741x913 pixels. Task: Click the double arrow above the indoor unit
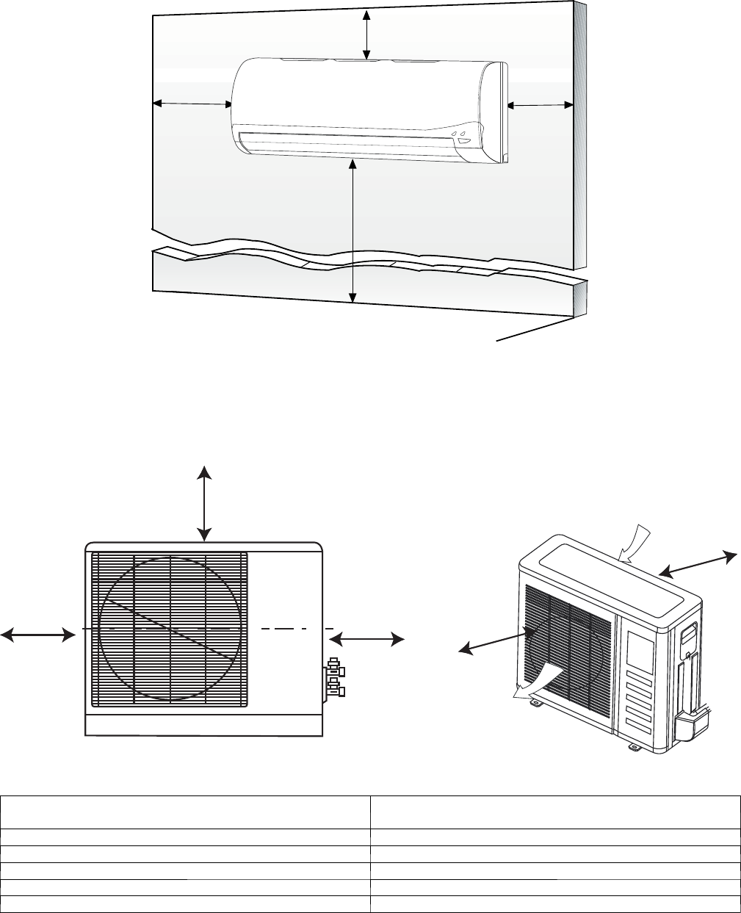pos(367,34)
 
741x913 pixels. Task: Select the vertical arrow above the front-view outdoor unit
pos(204,502)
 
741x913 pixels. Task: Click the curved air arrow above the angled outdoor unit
pos(635,544)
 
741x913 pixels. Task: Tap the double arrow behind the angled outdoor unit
pos(696,563)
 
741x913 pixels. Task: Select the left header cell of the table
pos(185,812)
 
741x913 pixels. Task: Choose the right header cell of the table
pos(554,812)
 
